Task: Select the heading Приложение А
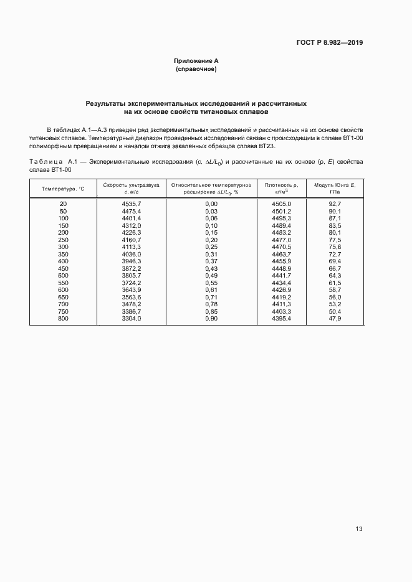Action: click(x=196, y=61)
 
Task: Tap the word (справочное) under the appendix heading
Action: click(x=196, y=69)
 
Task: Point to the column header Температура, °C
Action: click(x=63, y=188)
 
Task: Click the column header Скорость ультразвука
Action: click(x=132, y=185)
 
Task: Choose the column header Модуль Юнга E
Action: click(x=335, y=185)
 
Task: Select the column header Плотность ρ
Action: click(x=282, y=185)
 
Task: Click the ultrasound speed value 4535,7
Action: click(x=132, y=204)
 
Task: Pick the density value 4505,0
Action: click(x=282, y=204)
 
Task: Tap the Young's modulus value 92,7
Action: click(x=335, y=204)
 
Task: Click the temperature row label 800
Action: click(x=63, y=319)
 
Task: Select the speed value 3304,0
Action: click(x=132, y=319)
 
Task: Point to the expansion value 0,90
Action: click(x=211, y=319)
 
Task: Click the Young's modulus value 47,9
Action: click(x=335, y=319)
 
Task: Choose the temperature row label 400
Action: click(x=63, y=261)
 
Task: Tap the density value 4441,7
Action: click(x=282, y=276)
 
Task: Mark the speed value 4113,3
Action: click(x=132, y=247)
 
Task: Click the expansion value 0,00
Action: click(x=211, y=204)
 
